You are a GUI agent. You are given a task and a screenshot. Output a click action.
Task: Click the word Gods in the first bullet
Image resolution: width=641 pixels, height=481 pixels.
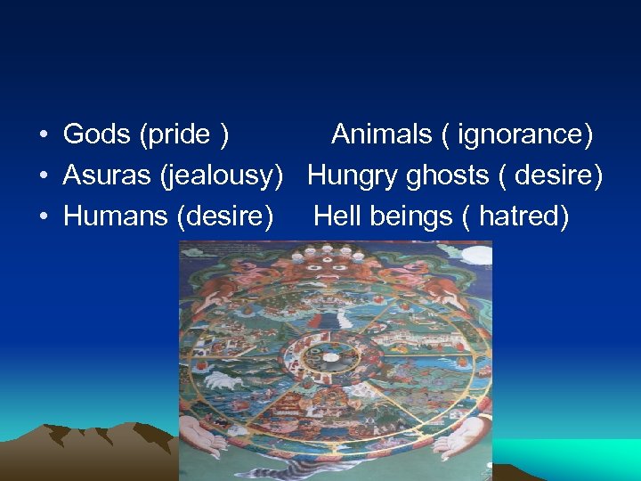point(97,135)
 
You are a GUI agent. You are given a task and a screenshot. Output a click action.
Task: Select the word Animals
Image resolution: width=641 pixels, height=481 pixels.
point(380,135)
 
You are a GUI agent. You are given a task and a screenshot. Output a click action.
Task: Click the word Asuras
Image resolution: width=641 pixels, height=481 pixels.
point(107,175)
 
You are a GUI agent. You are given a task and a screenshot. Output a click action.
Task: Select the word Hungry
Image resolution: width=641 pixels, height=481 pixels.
point(353,175)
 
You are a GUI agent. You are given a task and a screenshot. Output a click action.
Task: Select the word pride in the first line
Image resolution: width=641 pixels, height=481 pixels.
point(179,135)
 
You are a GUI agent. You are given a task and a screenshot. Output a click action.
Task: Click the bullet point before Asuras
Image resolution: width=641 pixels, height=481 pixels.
point(43,176)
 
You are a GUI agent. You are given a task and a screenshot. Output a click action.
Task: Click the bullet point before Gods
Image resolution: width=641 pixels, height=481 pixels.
point(43,135)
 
